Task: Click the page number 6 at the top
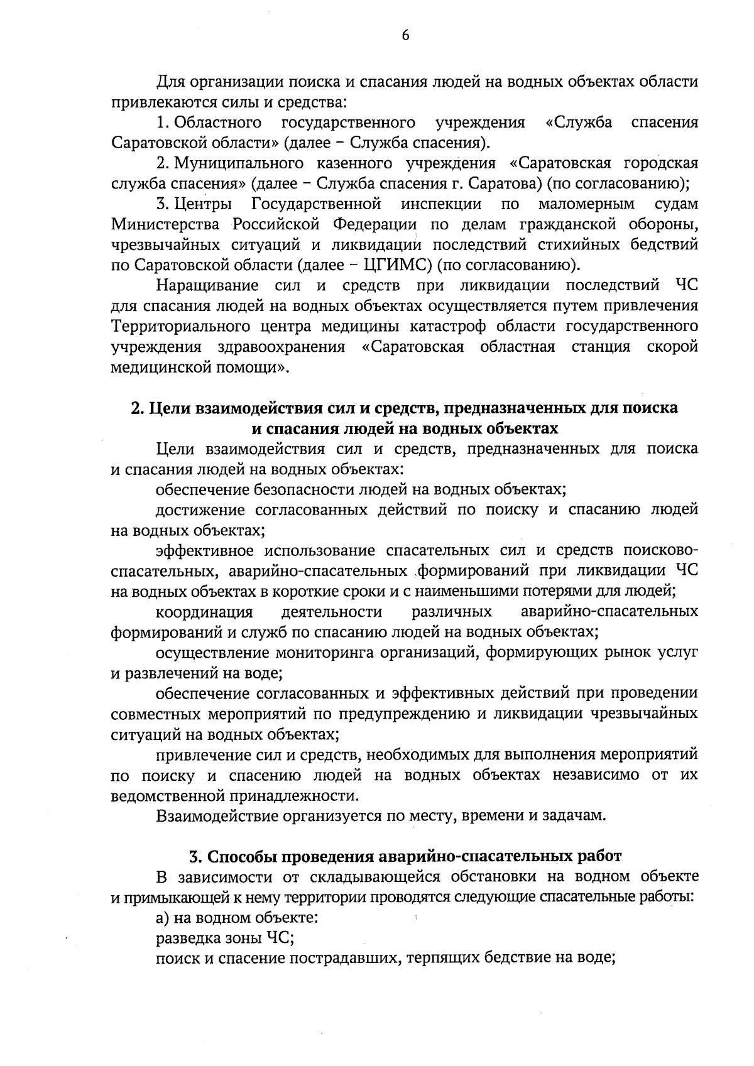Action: pyautogui.click(x=405, y=36)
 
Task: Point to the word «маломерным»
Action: pyautogui.click(x=586, y=204)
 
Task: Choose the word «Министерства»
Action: pyautogui.click(x=165, y=224)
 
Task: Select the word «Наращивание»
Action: pyautogui.click(x=207, y=286)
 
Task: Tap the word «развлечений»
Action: pyautogui.click(x=158, y=673)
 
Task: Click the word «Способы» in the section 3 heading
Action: pyautogui.click(x=243, y=856)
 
